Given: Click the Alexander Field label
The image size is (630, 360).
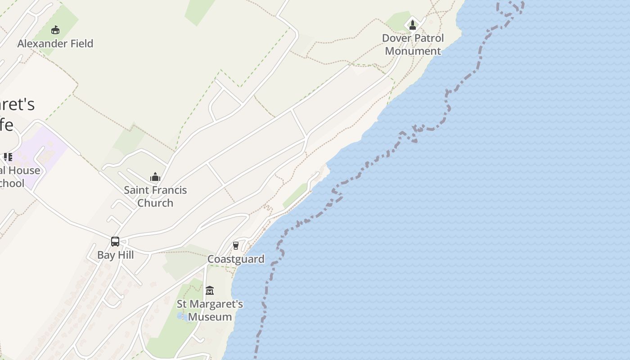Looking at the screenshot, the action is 55,44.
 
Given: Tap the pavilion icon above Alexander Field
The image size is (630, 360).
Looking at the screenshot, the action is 55,30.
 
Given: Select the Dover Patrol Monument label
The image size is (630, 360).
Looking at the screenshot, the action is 413,45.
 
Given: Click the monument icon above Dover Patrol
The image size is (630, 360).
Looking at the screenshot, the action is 413,25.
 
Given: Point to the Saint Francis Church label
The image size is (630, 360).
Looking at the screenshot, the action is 155,196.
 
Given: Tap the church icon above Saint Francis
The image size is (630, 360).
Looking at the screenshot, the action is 155,177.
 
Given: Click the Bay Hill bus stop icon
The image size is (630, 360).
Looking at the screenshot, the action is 115,242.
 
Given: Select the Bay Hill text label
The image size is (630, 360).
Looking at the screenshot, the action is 116,255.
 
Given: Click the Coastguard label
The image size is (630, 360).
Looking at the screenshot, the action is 236,259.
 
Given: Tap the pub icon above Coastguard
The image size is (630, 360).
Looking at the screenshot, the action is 236,245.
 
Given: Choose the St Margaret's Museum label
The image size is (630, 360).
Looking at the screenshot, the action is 210,310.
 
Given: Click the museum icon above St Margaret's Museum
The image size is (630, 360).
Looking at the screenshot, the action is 210,290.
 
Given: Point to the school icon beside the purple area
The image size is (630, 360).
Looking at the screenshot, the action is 8,157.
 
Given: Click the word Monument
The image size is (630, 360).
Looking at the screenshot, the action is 413,51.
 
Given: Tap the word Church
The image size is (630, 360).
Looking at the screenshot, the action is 155,203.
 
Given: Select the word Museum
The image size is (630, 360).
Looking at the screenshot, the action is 210,317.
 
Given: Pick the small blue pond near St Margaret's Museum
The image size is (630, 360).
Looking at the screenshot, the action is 181,316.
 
